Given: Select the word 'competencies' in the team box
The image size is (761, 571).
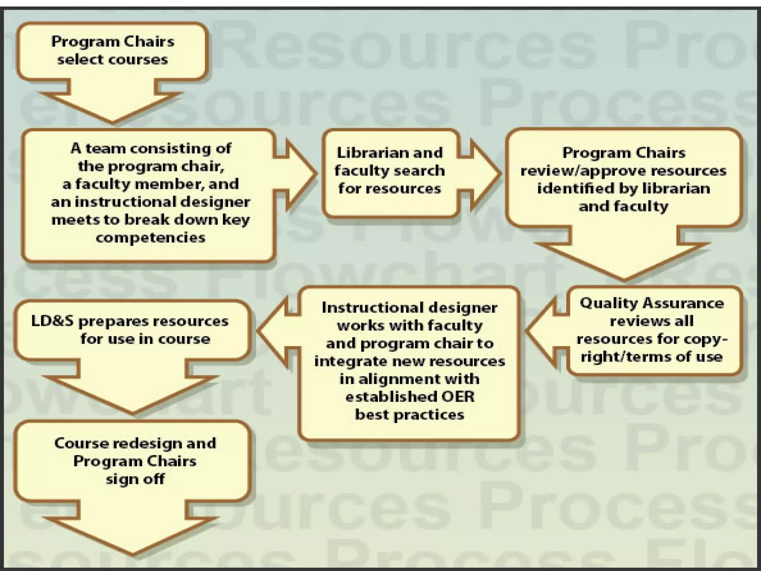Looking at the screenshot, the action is point(150,238).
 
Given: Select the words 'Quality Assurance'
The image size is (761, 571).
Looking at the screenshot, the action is point(652,303).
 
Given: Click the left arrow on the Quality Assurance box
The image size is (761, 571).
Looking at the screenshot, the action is point(545,330).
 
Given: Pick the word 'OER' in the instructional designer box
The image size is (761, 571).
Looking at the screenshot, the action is point(458,397).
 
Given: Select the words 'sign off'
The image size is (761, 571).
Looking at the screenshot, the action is point(135,479).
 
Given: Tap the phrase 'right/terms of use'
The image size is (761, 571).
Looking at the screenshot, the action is point(652,357).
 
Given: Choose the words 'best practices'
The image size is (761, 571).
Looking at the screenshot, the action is point(409,414).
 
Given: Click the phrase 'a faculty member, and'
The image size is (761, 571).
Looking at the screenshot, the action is point(150,184).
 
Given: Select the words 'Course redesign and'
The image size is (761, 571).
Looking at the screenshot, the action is point(135,443).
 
